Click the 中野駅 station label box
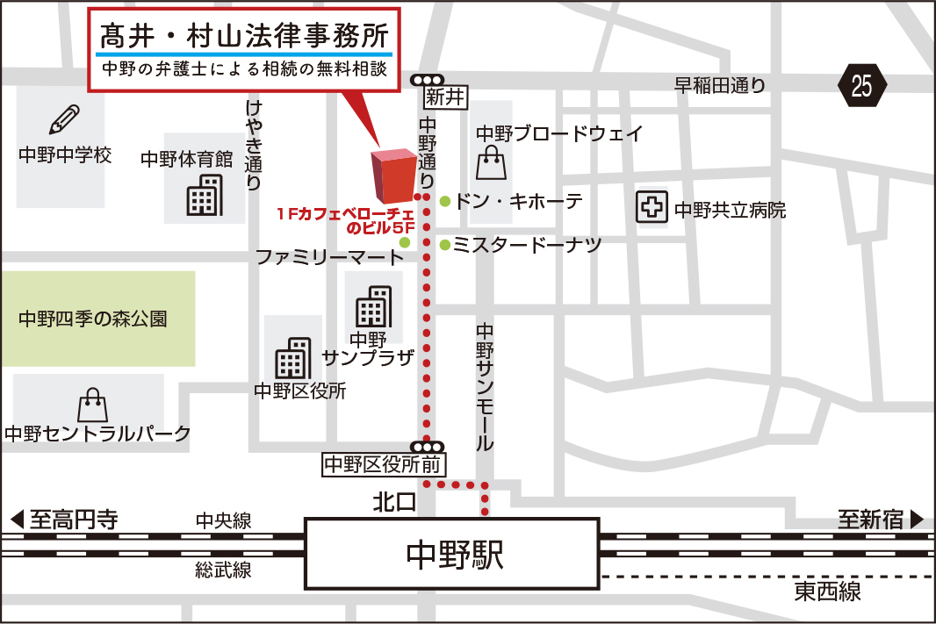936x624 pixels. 452,553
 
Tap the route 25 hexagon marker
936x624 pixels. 862,86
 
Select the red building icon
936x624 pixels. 392,175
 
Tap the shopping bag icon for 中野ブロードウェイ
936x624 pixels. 491,162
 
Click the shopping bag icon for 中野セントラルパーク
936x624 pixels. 92,405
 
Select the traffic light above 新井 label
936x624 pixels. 428,80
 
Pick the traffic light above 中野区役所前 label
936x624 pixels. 428,447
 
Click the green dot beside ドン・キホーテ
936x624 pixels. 445,201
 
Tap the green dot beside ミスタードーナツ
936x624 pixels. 445,245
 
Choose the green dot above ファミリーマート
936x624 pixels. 405,242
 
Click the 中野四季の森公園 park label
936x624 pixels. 93,319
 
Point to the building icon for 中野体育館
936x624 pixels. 204,195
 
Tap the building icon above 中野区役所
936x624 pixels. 292,358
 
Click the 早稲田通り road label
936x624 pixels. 720,85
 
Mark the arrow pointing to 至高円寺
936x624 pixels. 17,519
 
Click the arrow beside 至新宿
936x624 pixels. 917,519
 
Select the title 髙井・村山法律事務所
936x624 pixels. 243,38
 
